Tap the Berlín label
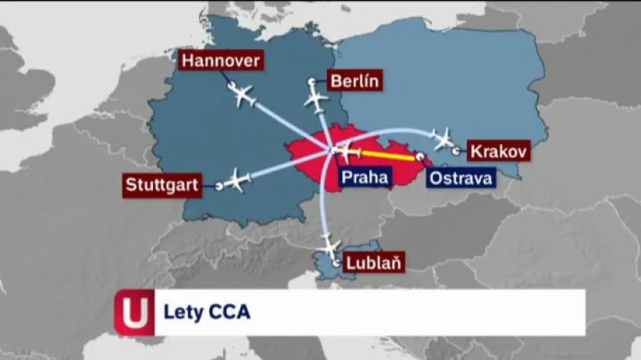[353, 80]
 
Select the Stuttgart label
[162, 184]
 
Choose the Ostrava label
[460, 178]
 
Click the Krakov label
[497, 150]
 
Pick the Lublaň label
[373, 261]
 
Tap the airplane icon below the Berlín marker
[317, 102]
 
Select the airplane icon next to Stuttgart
[238, 180]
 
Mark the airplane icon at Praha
[345, 150]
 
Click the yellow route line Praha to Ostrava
[389, 154]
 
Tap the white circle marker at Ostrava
[419, 158]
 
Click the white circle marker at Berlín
[311, 82]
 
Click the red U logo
[134, 312]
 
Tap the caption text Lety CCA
[207, 312]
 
